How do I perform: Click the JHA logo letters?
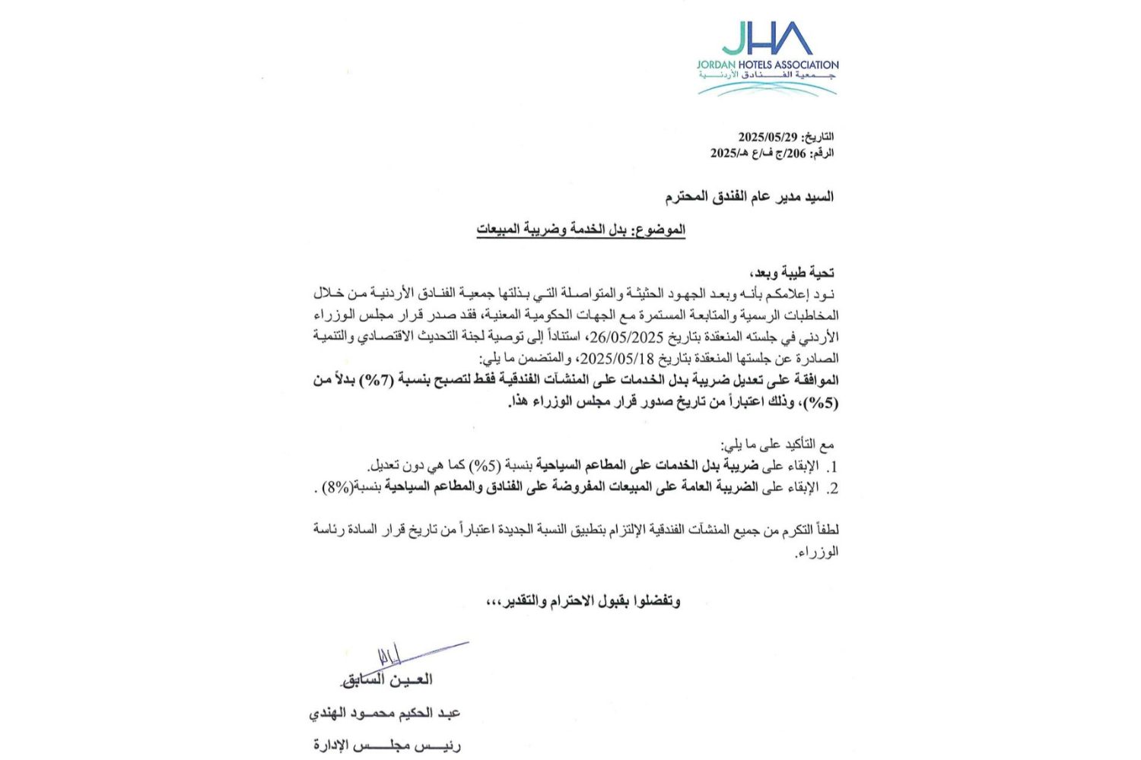pyautogui.click(x=767, y=39)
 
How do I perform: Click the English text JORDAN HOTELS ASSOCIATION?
pyautogui.click(x=767, y=65)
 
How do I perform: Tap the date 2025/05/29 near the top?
pyautogui.click(x=768, y=137)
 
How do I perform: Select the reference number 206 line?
pyautogui.click(x=771, y=153)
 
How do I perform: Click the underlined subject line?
pyautogui.click(x=581, y=230)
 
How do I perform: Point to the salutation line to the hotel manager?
pyautogui.click(x=749, y=198)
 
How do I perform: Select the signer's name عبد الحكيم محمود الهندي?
pyautogui.click(x=385, y=714)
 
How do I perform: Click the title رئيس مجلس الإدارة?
pyautogui.click(x=386, y=746)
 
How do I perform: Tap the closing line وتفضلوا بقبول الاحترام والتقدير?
pyautogui.click(x=583, y=601)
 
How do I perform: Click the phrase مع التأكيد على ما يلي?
pyautogui.click(x=778, y=444)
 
